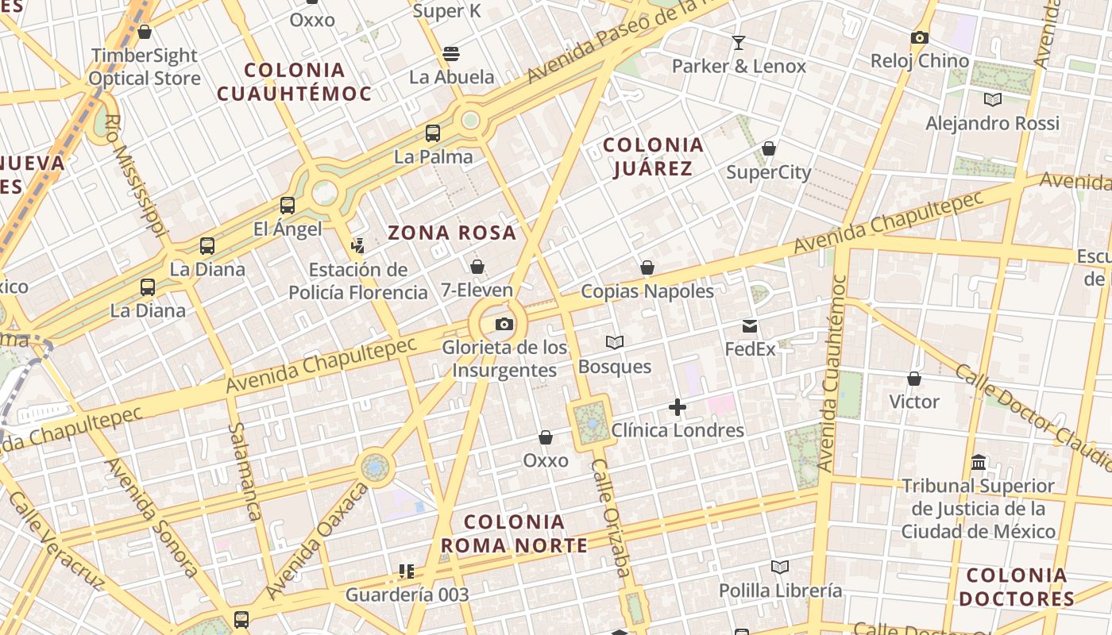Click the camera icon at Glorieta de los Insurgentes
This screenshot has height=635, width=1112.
click(504, 324)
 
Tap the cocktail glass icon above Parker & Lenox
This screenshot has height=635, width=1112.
click(739, 42)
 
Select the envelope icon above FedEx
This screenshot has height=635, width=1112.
click(750, 325)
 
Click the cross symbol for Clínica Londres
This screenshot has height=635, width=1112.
click(677, 407)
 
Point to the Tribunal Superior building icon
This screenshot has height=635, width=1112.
click(979, 462)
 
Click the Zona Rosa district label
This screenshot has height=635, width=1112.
click(452, 233)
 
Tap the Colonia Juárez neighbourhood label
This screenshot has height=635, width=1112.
click(653, 156)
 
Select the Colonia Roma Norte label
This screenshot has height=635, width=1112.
click(514, 533)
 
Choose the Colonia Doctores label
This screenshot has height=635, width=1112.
click(1017, 587)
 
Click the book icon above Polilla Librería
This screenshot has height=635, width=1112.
click(780, 567)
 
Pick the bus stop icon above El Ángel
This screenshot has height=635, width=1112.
click(288, 206)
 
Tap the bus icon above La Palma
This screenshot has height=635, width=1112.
click(433, 133)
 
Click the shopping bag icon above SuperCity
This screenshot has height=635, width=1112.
click(768, 148)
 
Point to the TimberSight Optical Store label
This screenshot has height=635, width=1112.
click(144, 67)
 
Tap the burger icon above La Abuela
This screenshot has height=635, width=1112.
click(451, 54)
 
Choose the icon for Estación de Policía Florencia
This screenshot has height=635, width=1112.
click(358, 245)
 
